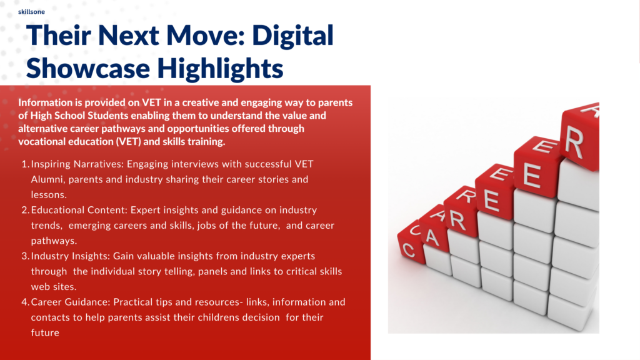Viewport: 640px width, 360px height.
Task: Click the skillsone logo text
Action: [31, 12]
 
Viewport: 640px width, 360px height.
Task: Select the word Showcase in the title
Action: [87, 67]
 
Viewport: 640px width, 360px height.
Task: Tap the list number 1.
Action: [25, 164]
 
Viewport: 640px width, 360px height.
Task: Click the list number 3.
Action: [25, 256]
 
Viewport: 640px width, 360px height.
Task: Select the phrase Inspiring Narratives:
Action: [77, 164]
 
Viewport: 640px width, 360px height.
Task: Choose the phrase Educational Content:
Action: [79, 210]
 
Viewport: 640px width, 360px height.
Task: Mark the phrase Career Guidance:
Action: [71, 302]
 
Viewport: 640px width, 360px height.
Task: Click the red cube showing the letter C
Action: [411, 244]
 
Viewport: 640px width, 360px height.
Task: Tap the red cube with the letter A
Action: [434, 231]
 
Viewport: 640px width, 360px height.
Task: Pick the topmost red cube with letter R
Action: [580, 136]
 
